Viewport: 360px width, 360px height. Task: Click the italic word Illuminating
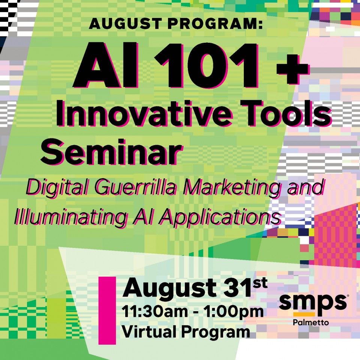point(70,217)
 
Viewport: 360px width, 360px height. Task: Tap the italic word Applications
point(220,217)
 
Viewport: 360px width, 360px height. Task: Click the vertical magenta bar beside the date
point(107,310)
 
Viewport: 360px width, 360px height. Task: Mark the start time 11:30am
point(154,312)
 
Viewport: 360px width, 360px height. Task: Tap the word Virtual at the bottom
point(148,332)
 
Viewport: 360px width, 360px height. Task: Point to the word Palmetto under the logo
point(311,322)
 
